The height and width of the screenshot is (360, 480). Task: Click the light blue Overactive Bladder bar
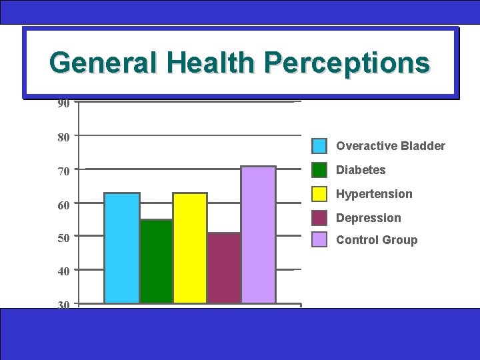point(122,248)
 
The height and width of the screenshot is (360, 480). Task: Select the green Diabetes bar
point(156,261)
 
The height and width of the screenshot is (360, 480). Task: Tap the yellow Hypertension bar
point(190,248)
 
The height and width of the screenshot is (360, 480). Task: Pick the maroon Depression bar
point(224,268)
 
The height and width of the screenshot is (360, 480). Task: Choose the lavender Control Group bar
point(259,235)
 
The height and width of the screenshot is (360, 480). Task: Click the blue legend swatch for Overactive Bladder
point(320,146)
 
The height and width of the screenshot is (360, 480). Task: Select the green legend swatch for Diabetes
point(320,170)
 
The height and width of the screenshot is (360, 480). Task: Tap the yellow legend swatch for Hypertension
point(320,194)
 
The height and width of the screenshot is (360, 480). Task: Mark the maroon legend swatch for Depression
point(320,218)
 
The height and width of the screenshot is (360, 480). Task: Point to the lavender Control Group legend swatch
point(320,240)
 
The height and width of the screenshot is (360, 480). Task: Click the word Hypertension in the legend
point(374,194)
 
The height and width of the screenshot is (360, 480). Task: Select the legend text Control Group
point(377,240)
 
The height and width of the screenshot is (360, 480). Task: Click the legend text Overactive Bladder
point(391,146)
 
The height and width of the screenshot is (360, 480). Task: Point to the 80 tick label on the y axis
point(63,137)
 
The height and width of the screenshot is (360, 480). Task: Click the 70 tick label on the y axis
point(63,172)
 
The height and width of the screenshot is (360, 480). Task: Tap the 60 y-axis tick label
point(63,205)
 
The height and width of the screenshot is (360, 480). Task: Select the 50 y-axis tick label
point(63,238)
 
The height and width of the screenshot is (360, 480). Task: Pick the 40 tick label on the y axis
point(63,272)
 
